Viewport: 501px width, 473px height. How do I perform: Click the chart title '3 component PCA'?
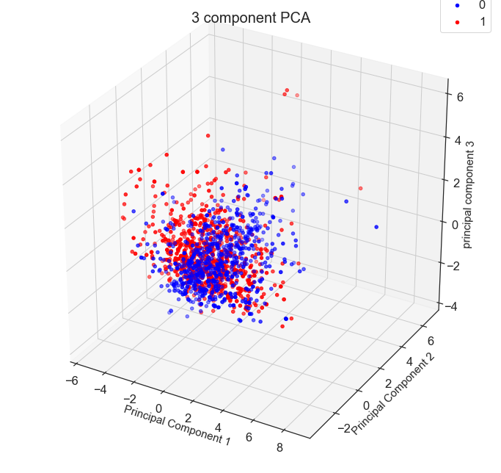coord(250,18)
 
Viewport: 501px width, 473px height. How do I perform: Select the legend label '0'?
coord(481,5)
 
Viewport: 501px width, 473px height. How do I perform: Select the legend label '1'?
coord(481,22)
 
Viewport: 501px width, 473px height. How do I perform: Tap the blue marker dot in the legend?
coord(456,5)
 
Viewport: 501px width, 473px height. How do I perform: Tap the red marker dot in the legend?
coord(456,22)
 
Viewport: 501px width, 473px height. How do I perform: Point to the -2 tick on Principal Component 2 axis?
coord(343,429)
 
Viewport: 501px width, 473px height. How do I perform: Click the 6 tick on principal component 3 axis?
coord(458,95)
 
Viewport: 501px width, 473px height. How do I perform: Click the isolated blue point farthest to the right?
coord(376,227)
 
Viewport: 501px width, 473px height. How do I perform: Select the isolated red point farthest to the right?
coord(360,189)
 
